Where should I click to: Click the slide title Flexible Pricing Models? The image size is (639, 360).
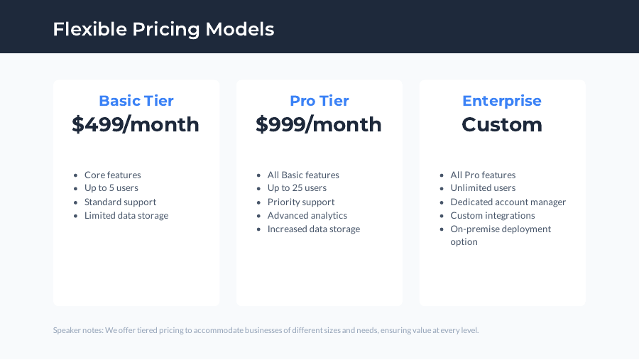163,29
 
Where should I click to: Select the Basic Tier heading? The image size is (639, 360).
136,101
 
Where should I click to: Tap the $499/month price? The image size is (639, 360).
136,125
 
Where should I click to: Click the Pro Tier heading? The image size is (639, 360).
319,101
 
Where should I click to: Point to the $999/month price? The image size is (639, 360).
319,125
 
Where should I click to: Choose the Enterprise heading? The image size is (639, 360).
501,101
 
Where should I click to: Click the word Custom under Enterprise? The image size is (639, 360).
501,125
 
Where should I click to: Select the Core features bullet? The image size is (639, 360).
112,175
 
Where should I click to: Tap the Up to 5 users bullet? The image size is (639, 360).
111,188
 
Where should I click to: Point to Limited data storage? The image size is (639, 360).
126,215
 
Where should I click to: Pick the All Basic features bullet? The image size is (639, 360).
303,175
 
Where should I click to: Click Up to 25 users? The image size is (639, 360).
297,188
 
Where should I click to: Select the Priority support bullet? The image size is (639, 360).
300,202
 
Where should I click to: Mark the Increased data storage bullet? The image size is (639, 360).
313,229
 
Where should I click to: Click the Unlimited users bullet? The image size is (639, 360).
483,188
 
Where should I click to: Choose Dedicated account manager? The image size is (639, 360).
508,202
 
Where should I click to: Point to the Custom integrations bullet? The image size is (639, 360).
492,215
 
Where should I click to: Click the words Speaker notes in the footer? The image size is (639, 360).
77,330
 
